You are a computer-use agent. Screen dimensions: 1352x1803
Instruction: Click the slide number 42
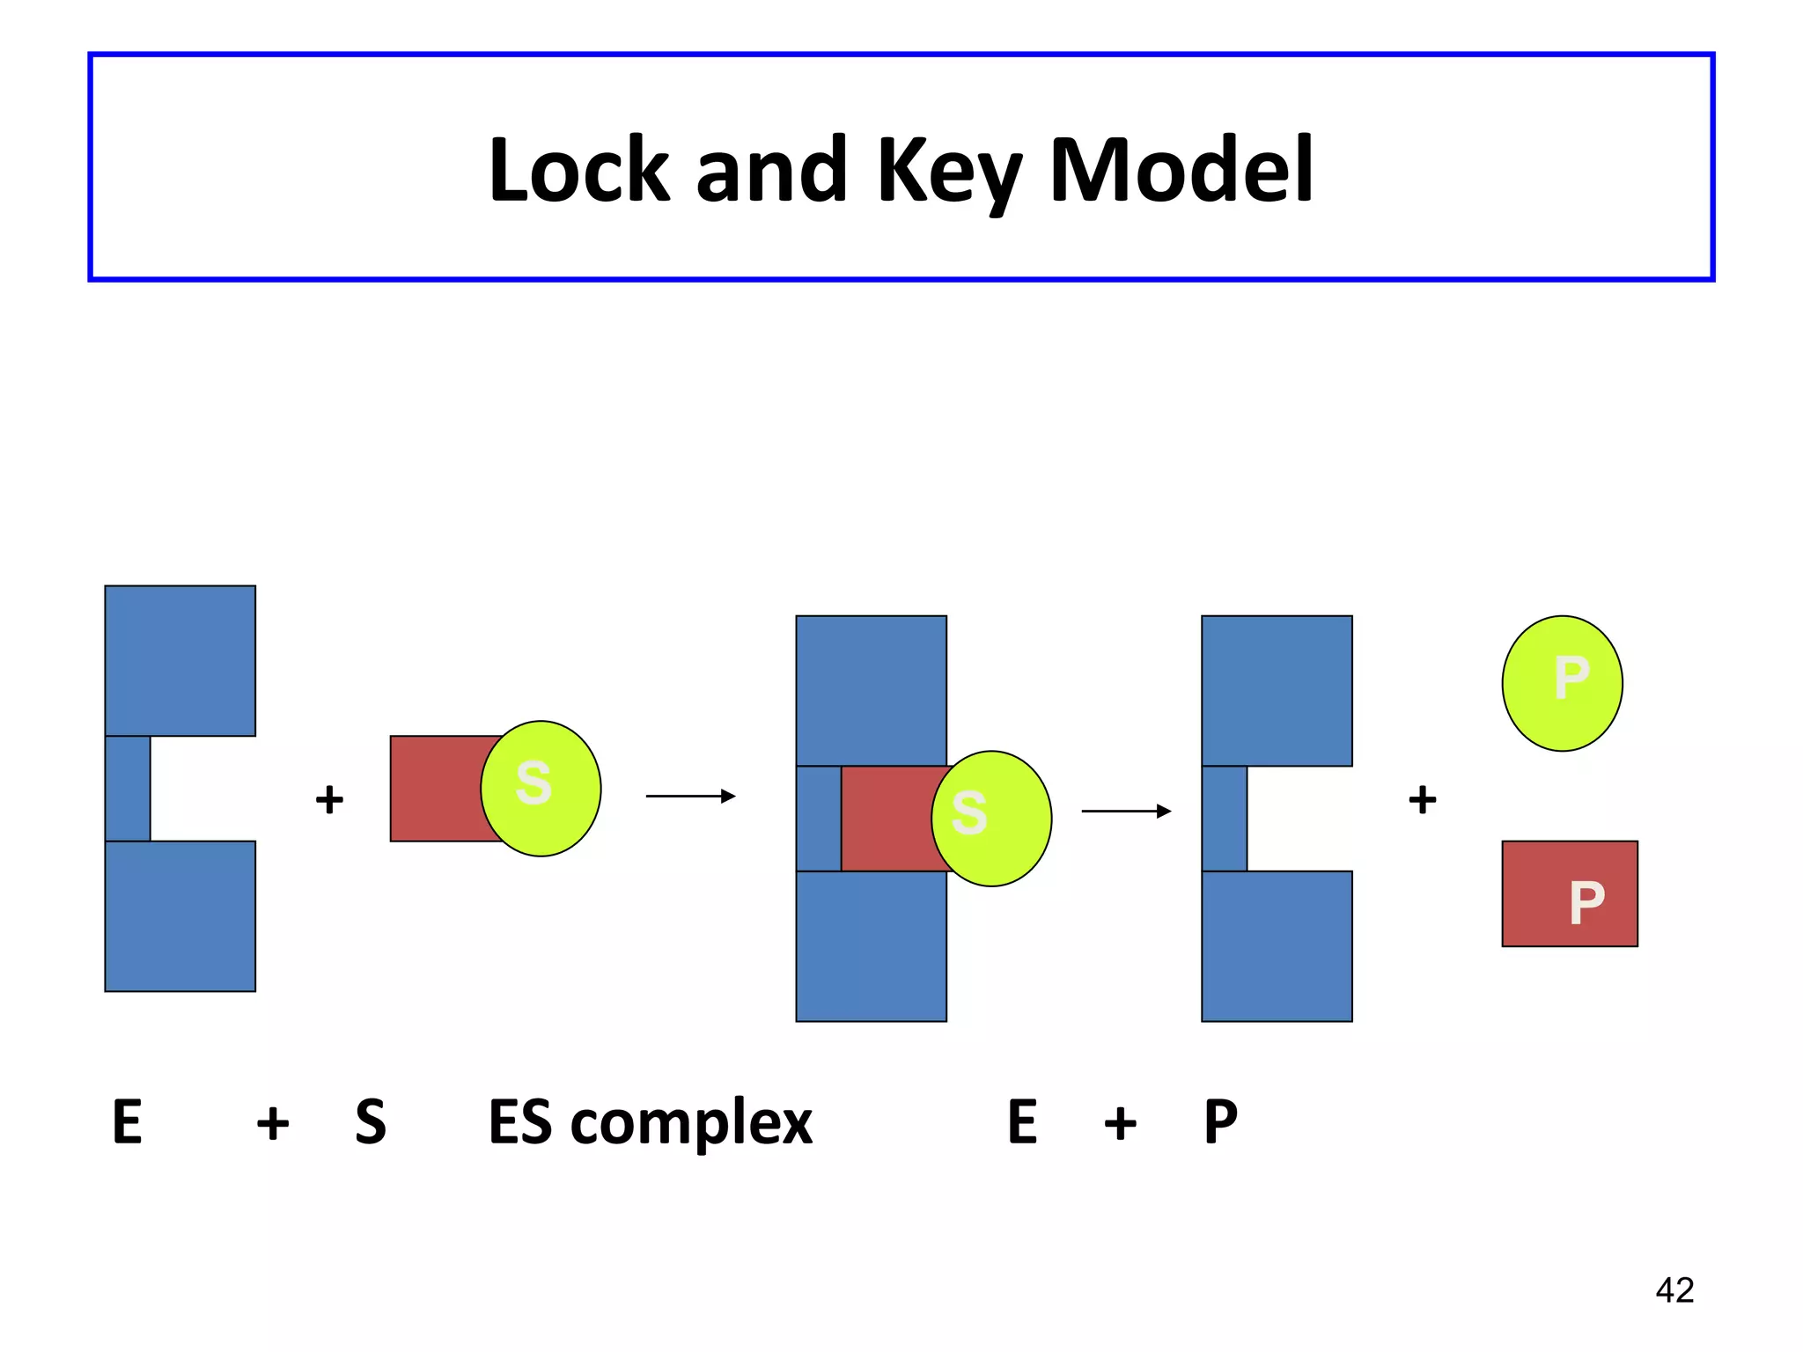pyautogui.click(x=1674, y=1290)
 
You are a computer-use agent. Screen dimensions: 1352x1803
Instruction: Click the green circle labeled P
pyautogui.click(x=1563, y=683)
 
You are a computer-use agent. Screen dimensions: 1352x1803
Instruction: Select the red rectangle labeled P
pyautogui.click(x=1570, y=894)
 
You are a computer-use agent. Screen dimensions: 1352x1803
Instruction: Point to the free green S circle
pyautogui.click(x=541, y=789)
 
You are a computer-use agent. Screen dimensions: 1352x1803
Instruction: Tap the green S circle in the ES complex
pyautogui.click(x=991, y=819)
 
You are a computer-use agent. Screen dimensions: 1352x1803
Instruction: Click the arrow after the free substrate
pyautogui.click(x=690, y=797)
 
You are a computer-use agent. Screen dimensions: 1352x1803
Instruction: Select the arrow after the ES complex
pyautogui.click(x=1126, y=812)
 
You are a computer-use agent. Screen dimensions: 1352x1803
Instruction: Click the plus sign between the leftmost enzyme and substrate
pyautogui.click(x=329, y=800)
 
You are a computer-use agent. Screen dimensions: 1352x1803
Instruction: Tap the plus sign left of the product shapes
pyautogui.click(x=1423, y=800)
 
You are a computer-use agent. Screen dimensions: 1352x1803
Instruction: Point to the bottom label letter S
pyautogui.click(x=371, y=1123)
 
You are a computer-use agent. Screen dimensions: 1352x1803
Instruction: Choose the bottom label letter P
pyautogui.click(x=1221, y=1123)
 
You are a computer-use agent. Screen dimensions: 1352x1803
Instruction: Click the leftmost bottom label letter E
pyautogui.click(x=128, y=1123)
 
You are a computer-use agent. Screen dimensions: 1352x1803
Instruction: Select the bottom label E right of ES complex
pyautogui.click(x=1022, y=1123)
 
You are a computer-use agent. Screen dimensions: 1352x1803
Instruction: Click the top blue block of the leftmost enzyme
pyautogui.click(x=180, y=660)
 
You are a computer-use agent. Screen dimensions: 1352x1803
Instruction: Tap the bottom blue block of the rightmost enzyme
pyautogui.click(x=1277, y=946)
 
